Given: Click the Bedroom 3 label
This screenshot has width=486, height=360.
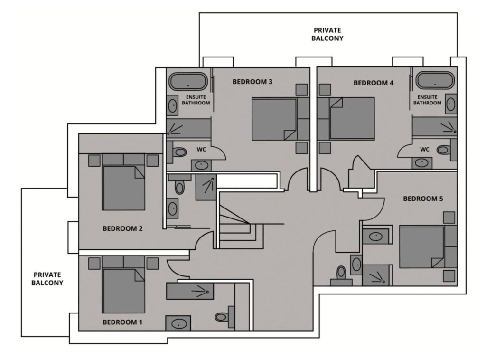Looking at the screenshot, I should pos(252,82).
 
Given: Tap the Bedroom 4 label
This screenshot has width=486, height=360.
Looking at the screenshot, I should pos(374,83).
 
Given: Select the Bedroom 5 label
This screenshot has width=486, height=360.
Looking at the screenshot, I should pos(423,199).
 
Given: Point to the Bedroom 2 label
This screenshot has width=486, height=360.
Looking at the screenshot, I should pos(122,228).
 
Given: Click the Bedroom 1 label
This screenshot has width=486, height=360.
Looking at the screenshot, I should pos(122,322).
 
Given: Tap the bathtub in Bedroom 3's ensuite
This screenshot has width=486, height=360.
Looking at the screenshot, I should pos(188,81).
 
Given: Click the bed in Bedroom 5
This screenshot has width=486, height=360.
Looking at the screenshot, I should pos(422,247).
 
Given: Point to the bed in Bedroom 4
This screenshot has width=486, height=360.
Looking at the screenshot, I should pos(352,118).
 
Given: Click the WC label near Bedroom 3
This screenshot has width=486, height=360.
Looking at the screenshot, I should pos(201,149).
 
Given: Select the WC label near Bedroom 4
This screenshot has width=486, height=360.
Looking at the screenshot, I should pos(425,149).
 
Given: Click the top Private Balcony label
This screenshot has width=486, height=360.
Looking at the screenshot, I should pos(327,34).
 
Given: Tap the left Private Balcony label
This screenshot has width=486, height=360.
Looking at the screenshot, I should pos(47,278).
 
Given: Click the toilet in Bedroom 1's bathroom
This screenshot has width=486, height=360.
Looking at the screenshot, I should pos(222,316).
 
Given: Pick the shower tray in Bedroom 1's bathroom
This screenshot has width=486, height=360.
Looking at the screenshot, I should pos(190,291).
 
